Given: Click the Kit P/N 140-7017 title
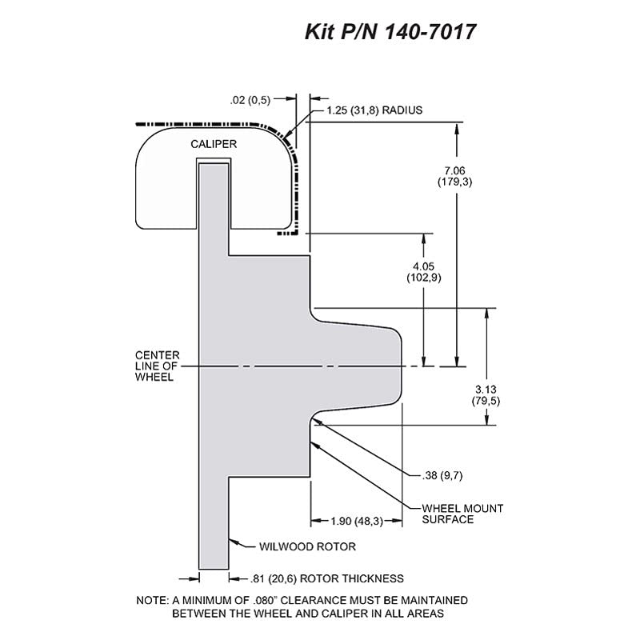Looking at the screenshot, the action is click(390, 32).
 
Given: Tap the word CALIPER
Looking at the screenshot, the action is click(214, 144).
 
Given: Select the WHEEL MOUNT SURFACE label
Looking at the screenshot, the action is click(462, 514).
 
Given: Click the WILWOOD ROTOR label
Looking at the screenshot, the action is click(307, 546).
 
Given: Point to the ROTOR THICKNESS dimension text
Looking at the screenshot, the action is click(326, 578).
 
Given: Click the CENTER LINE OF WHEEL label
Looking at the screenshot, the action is click(157, 366).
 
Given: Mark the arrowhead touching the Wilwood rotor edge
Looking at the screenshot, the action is click(233, 542).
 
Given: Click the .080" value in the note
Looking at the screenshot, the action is click(265, 601).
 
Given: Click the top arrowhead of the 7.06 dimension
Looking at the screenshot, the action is click(457, 128).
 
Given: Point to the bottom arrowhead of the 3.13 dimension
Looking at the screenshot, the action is click(486, 419).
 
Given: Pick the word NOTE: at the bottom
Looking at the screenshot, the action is click(152, 601).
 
